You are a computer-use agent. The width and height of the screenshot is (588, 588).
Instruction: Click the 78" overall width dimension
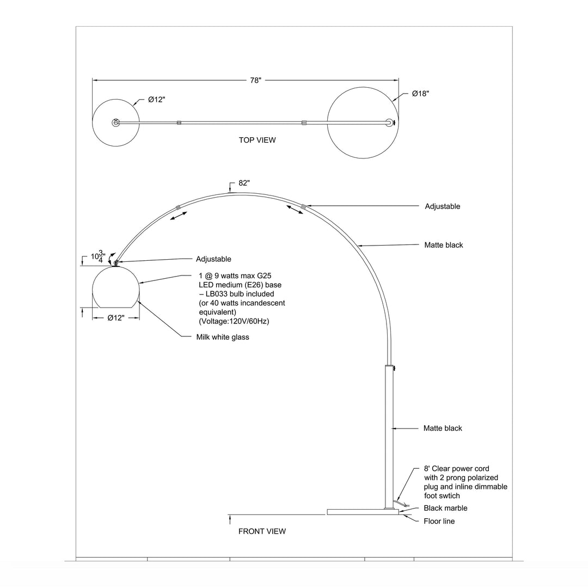coord(255,81)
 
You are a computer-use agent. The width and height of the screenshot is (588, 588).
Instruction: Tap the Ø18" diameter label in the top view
coord(420,94)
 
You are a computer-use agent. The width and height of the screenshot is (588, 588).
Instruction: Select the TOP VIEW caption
coord(257,140)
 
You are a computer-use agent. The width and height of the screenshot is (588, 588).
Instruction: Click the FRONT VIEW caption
coord(262,531)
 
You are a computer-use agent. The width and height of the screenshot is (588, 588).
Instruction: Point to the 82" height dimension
coord(244,183)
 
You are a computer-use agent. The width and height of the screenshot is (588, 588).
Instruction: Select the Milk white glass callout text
coord(223,337)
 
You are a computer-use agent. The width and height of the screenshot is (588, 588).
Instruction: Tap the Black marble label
coord(445,508)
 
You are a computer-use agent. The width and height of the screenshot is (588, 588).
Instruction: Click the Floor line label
coord(439,521)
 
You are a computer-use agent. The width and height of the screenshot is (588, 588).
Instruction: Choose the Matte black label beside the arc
coord(444,245)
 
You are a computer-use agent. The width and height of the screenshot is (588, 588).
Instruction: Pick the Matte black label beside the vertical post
coord(443,428)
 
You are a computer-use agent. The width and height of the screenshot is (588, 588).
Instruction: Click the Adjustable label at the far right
coord(443,206)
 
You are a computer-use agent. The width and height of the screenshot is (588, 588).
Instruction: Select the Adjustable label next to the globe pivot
coord(213,259)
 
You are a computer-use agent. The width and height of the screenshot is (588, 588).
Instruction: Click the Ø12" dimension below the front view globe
coord(116,317)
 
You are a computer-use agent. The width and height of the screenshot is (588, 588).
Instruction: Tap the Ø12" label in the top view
coord(156,100)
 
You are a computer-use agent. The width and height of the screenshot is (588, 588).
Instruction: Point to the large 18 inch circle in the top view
coord(362,123)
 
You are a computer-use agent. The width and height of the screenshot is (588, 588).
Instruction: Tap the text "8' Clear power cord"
coord(456,468)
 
